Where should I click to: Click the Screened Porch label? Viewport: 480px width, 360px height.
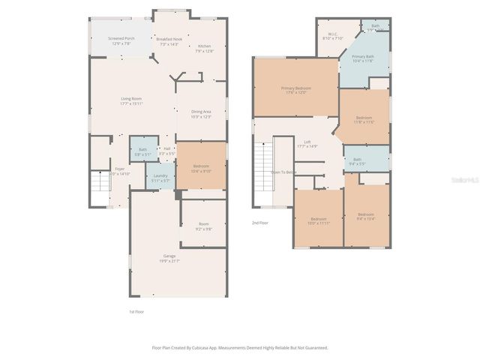point(120,37)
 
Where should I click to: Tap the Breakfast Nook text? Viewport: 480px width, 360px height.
point(168,39)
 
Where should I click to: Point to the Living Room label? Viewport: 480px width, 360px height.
point(132,99)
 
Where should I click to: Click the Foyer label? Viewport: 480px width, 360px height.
point(120,169)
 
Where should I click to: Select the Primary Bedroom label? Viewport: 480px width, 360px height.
point(296,88)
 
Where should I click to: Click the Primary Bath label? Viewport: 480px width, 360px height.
point(363,57)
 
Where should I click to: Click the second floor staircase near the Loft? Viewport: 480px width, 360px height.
point(263,160)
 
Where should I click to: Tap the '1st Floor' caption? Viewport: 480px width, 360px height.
point(136,310)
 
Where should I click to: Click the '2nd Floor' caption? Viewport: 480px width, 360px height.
point(259,223)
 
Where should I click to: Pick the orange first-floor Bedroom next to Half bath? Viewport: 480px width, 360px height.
point(201,166)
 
